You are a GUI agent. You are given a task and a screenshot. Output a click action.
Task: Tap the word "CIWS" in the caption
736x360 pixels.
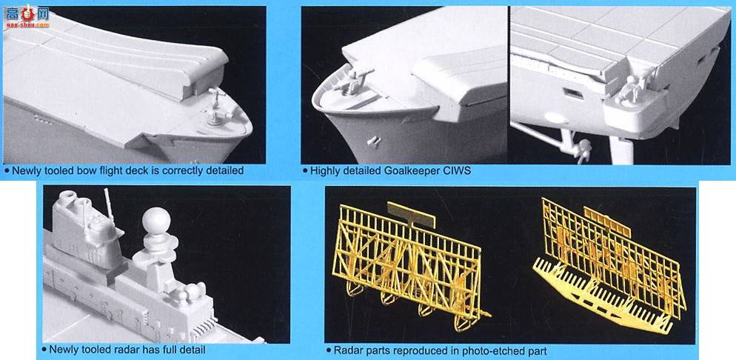(x=458, y=170)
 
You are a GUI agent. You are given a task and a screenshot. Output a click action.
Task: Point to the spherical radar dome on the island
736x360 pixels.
(x=156, y=220)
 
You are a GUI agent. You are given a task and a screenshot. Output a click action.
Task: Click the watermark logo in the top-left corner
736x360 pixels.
(x=27, y=16)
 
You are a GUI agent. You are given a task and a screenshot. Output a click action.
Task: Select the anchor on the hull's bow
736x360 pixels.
(x=374, y=141)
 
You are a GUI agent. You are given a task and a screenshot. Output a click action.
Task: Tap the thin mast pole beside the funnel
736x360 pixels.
(x=108, y=204)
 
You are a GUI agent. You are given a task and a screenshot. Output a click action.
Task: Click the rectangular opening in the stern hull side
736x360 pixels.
(x=573, y=94)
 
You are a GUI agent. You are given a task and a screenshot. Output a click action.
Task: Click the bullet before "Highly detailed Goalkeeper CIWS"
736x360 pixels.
(x=306, y=171)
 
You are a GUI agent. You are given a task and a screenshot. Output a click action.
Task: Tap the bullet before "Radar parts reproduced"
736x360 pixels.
(x=329, y=350)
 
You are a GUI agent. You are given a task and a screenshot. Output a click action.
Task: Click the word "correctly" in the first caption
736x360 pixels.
(x=184, y=171)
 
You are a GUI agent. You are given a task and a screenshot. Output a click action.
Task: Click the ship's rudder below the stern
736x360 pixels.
(x=623, y=150)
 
